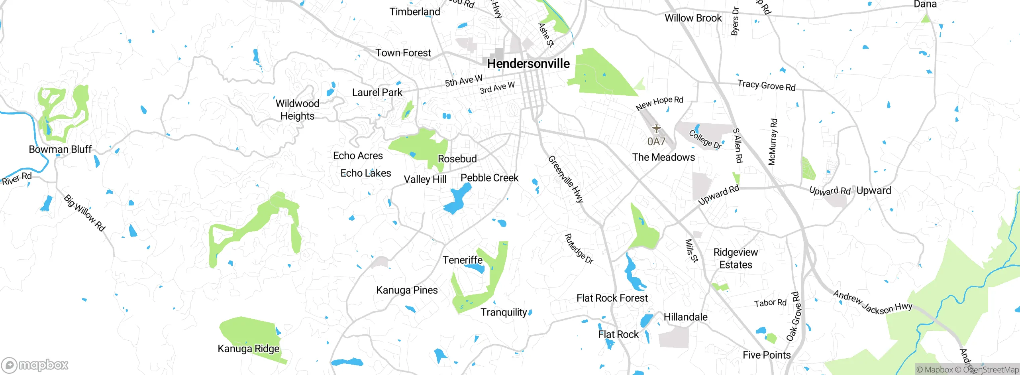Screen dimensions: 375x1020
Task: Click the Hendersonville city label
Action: point(528,63)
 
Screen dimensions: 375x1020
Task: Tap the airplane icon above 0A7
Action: point(656,128)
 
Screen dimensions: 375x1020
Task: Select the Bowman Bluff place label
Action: point(60,149)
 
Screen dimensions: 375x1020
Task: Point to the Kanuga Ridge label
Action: point(248,349)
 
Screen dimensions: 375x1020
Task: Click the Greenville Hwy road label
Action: point(566,179)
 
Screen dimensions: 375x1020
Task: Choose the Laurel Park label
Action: point(377,93)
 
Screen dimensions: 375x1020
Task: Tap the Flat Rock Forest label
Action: point(612,298)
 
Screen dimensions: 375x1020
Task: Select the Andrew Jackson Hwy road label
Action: point(873,303)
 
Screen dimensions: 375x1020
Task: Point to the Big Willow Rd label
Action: point(84,213)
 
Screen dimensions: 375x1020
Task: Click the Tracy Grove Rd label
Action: point(766,85)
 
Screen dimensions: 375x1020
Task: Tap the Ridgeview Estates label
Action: point(736,259)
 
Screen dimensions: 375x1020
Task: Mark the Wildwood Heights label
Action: point(297,110)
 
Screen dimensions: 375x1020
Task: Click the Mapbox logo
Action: point(35,365)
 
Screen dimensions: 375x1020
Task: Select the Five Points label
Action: point(767,355)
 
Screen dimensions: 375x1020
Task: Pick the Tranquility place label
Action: point(504,312)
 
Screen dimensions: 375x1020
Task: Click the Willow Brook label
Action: point(693,18)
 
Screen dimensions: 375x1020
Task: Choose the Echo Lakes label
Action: point(365,173)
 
